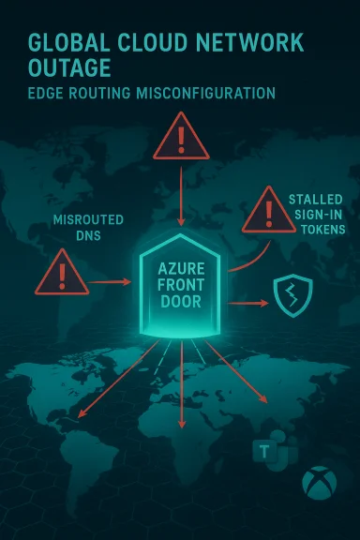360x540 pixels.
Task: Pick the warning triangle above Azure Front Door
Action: tap(180, 137)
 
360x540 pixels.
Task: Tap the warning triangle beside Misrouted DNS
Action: tap(61, 277)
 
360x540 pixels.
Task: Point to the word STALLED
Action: tap(315, 199)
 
